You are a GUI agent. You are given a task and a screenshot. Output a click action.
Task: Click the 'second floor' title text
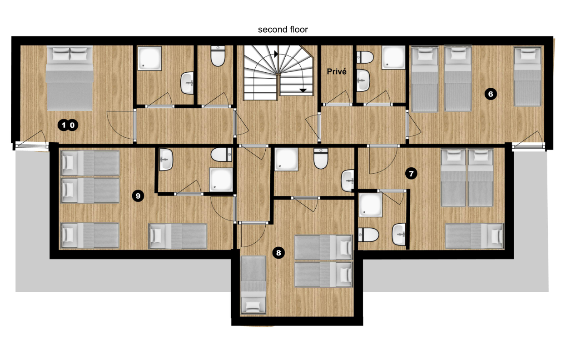coord(283,30)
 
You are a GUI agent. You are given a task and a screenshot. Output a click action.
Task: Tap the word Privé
coord(337,71)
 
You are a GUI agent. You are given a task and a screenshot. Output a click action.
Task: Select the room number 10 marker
coord(68,125)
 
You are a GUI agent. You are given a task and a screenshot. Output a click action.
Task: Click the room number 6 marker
coord(491,94)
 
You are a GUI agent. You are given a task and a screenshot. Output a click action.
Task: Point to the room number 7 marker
coord(411,174)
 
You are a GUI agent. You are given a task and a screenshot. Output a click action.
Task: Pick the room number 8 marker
coord(278,253)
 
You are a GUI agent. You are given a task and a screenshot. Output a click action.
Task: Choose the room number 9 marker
coord(138,195)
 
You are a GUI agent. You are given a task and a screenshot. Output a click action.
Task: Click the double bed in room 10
coord(70,78)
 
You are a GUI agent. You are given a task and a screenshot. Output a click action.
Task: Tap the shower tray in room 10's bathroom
coord(149,58)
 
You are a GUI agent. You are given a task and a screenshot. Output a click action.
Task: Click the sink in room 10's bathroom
coord(187,83)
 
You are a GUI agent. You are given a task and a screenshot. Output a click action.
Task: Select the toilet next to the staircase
coord(218,56)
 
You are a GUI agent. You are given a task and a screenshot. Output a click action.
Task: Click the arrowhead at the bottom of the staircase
coord(303,90)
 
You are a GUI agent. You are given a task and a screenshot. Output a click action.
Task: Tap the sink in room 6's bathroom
coord(363,80)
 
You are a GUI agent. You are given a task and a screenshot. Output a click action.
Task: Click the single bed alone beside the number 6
coord(527,76)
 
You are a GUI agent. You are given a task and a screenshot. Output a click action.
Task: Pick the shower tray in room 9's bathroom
coord(221,180)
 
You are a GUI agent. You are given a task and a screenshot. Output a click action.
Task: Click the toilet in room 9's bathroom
coord(221,155)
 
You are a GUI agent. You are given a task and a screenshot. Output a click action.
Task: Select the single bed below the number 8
coord(253,285)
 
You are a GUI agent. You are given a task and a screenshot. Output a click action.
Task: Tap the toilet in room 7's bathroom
coord(368,235)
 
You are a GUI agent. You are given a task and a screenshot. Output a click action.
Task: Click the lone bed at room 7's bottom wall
coord(474,235)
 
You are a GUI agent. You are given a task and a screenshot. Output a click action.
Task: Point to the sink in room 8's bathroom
coord(348,181)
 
